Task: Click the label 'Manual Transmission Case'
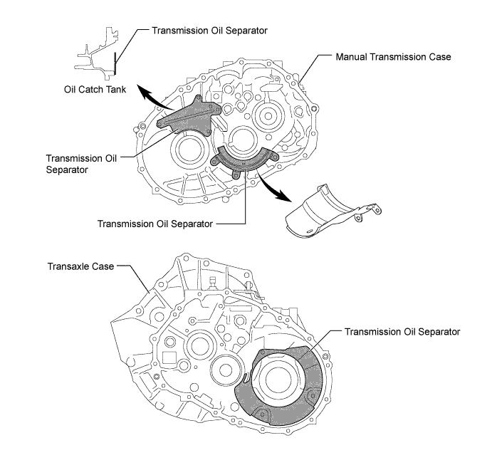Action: pyautogui.click(x=393, y=57)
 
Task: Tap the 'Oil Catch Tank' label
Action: pyautogui.click(x=95, y=90)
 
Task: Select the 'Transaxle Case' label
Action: pyautogui.click(x=80, y=266)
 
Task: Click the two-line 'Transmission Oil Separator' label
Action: pyautogui.click(x=81, y=164)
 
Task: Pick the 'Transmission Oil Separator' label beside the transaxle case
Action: pyautogui.click(x=402, y=332)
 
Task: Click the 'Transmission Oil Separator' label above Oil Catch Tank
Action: pyautogui.click(x=209, y=31)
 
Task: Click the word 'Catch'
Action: pyautogui.click(x=90, y=90)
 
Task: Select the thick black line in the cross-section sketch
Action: pyautogui.click(x=115, y=63)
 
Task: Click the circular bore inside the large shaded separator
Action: pyautogui.click(x=278, y=379)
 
